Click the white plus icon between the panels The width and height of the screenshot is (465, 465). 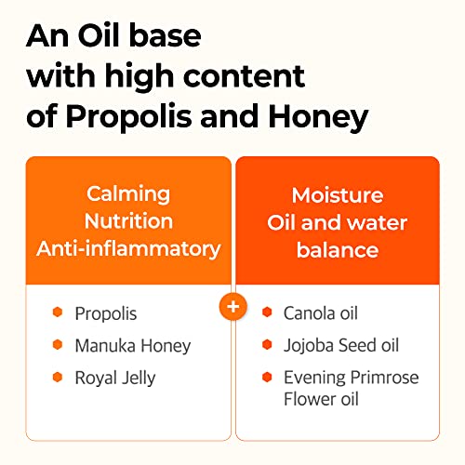point(232,306)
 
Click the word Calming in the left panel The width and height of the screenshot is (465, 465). point(128,194)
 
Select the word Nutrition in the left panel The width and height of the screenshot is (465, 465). point(128,221)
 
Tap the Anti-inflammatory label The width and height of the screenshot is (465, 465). point(128,248)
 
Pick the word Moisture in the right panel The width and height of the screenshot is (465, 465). point(337,195)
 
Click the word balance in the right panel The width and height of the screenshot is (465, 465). point(337,250)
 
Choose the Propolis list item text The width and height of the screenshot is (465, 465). point(106,314)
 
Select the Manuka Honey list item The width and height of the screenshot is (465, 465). point(132,346)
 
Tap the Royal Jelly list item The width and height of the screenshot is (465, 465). point(115,378)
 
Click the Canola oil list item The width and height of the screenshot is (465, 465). point(321,313)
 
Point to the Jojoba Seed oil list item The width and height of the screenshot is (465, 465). point(341,346)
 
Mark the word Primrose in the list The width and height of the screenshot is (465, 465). point(384,378)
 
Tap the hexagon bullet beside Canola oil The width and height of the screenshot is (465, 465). point(267,313)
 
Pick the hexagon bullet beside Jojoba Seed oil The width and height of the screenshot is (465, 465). point(267,346)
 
